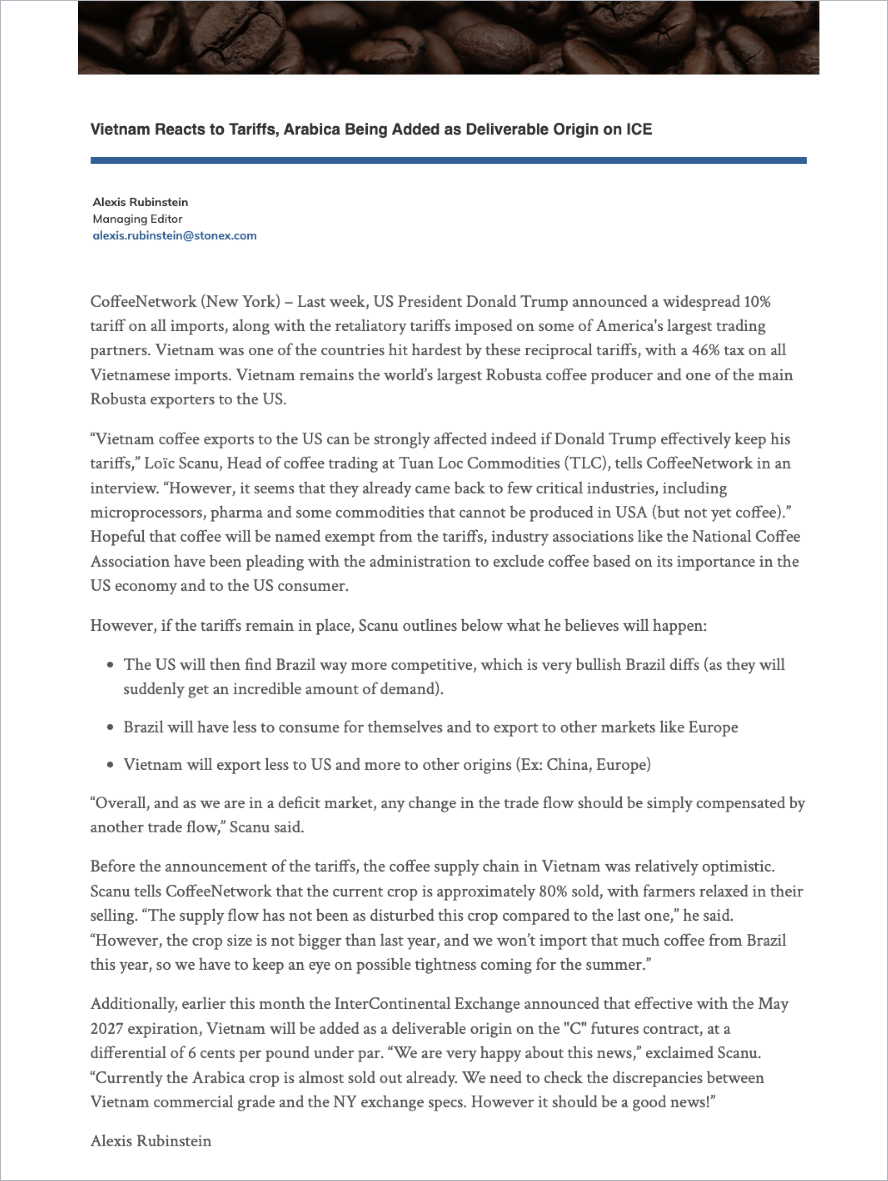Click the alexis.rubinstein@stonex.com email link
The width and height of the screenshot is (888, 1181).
(175, 236)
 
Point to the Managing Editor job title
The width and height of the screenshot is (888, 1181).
(137, 219)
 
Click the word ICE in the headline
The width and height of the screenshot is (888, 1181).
(639, 129)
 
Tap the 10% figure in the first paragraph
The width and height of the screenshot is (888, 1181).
(757, 301)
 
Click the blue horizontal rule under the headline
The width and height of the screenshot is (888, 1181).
(448, 160)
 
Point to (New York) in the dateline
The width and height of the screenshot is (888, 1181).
(240, 301)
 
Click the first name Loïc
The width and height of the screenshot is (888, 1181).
(159, 463)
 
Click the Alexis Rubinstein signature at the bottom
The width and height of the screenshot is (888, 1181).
(151, 1141)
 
